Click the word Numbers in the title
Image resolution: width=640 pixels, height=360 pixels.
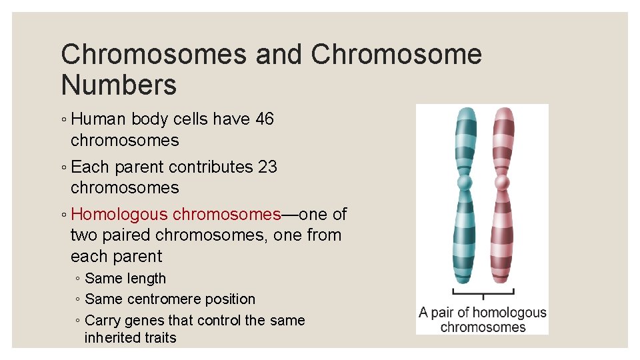point(119,85)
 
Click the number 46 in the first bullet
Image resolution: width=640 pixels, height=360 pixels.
point(264,119)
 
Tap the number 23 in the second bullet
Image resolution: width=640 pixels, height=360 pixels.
point(267,167)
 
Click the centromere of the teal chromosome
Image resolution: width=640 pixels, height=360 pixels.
point(465,182)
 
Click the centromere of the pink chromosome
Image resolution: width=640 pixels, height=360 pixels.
point(501,182)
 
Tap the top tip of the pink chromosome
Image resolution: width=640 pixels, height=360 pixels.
point(502,110)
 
